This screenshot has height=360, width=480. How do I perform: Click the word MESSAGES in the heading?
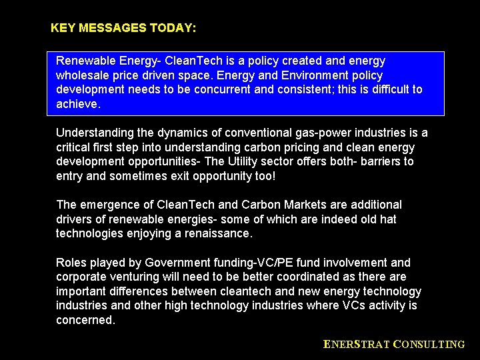[113, 29]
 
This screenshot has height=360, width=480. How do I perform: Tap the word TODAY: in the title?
[173, 29]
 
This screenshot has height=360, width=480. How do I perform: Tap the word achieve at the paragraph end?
[77, 104]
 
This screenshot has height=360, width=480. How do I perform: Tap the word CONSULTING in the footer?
[429, 345]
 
